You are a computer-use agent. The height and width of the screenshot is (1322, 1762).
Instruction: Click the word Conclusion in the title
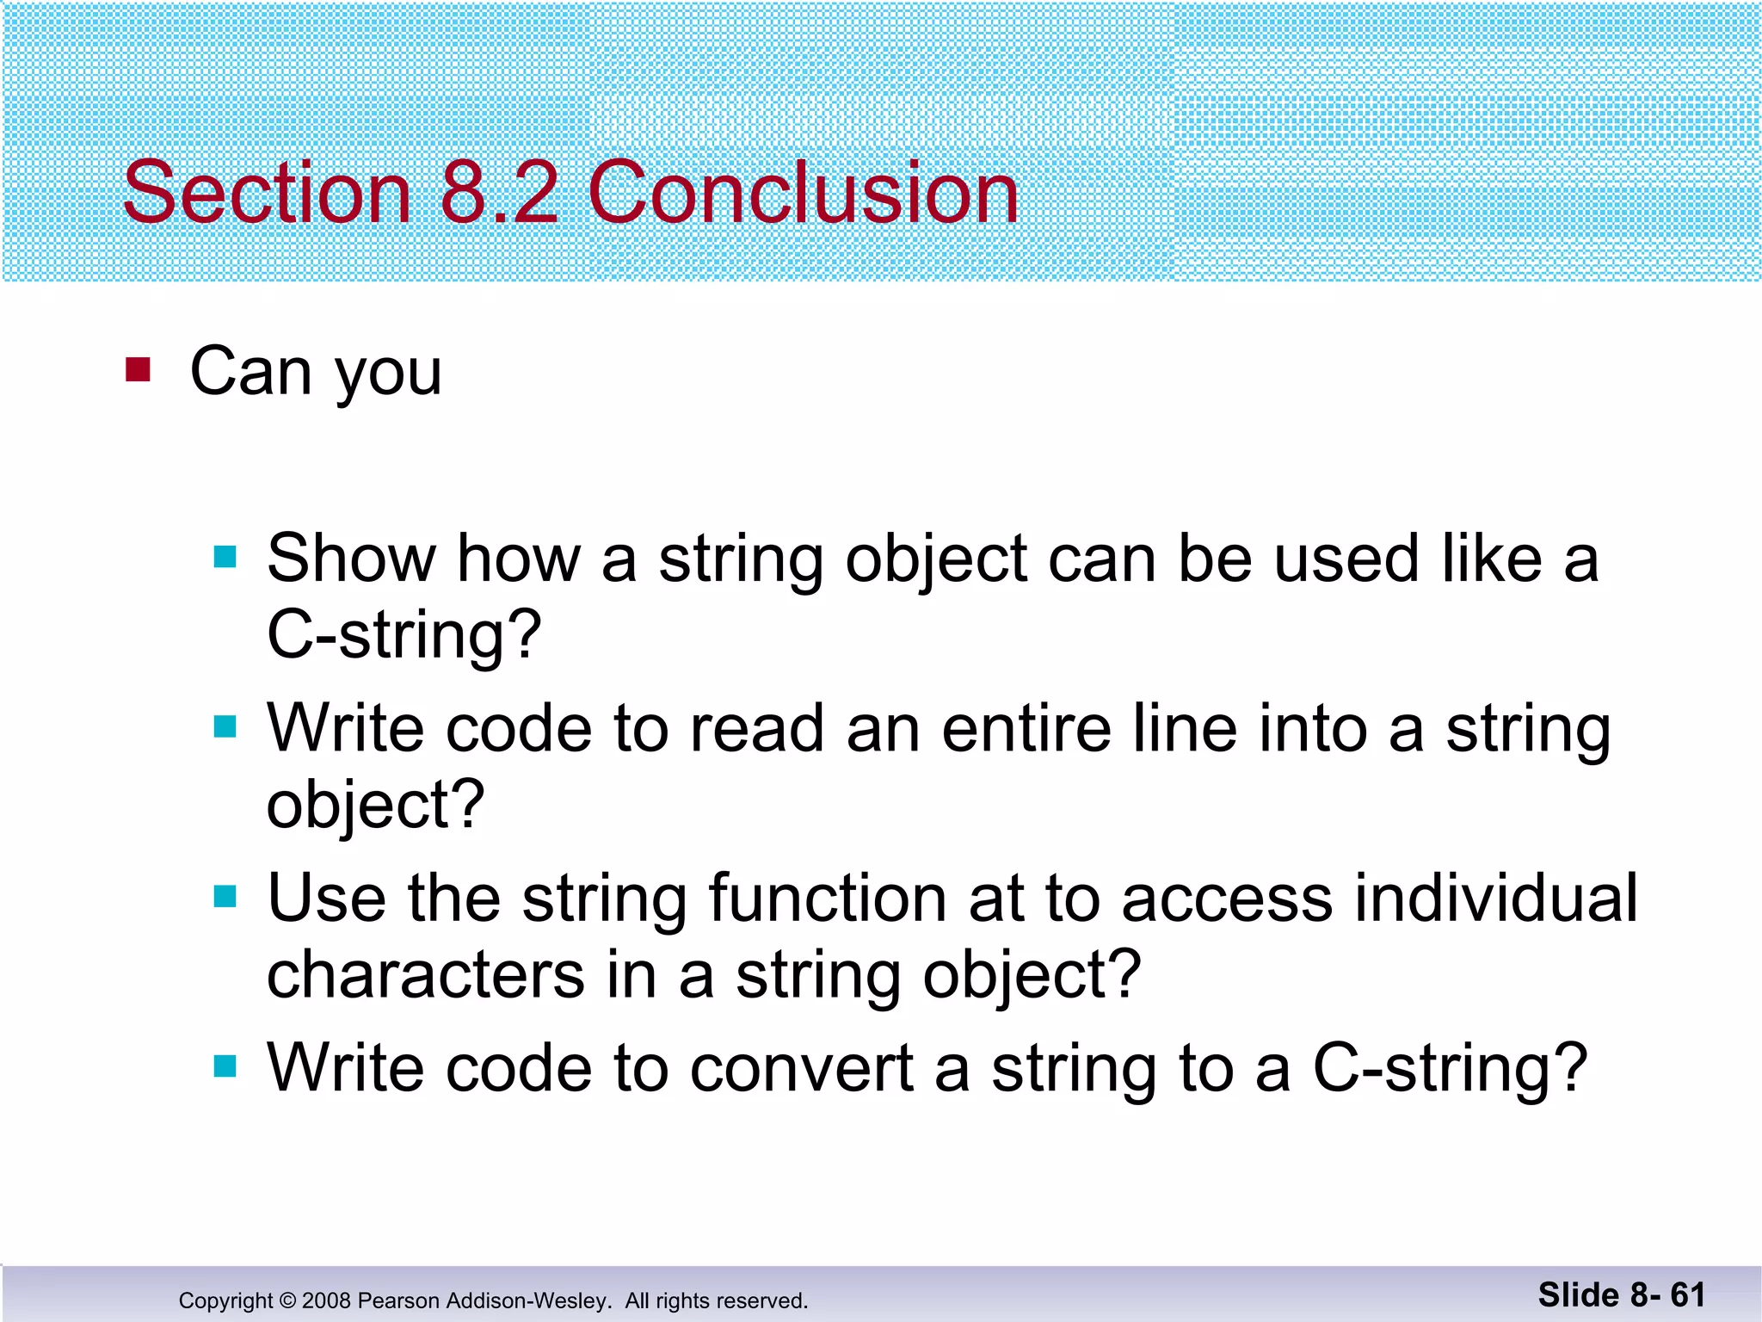[803, 193]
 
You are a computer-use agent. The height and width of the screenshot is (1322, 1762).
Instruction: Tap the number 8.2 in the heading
[499, 193]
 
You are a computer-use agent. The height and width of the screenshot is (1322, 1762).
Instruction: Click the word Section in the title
[267, 193]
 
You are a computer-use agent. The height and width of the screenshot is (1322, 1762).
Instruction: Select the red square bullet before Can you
[138, 370]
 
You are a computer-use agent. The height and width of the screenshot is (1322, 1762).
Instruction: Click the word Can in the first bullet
[250, 372]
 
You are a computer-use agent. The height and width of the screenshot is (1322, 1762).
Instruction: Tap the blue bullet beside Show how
[225, 557]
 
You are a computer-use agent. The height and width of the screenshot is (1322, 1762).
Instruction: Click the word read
[756, 728]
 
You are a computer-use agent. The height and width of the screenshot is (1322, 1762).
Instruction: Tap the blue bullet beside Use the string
[225, 897]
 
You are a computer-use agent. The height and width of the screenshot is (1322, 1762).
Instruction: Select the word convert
[801, 1068]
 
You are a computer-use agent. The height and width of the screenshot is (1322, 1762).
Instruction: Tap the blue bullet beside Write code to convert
[225, 1067]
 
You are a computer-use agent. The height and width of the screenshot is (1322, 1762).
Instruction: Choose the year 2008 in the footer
[326, 1300]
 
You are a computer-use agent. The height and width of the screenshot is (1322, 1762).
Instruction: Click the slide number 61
[1687, 1294]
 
